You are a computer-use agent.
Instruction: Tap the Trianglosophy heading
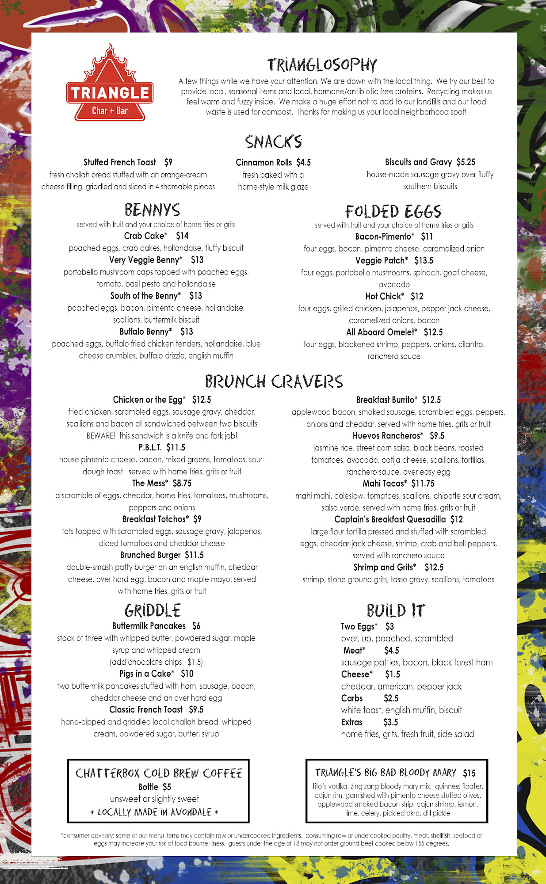point(322,65)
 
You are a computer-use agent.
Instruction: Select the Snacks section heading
point(273,142)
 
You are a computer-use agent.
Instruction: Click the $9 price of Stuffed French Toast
point(168,162)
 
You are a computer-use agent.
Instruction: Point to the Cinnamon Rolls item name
point(263,163)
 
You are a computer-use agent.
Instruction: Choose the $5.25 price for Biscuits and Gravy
point(466,162)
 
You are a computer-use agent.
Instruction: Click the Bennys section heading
point(152,210)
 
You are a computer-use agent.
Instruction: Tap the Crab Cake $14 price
point(182,236)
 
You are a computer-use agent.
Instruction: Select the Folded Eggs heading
point(393,211)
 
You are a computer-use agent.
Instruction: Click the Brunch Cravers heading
point(274,381)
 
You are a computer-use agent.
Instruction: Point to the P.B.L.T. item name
point(150,448)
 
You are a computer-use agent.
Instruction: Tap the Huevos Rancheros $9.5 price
point(437,436)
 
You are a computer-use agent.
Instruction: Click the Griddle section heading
point(153,611)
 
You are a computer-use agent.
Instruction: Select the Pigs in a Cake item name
point(146,674)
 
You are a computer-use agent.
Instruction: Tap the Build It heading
point(395,611)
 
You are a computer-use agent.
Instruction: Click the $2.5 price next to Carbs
point(391,698)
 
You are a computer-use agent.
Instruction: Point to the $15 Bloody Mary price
point(469,773)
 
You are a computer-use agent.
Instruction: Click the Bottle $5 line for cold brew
point(154,787)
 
